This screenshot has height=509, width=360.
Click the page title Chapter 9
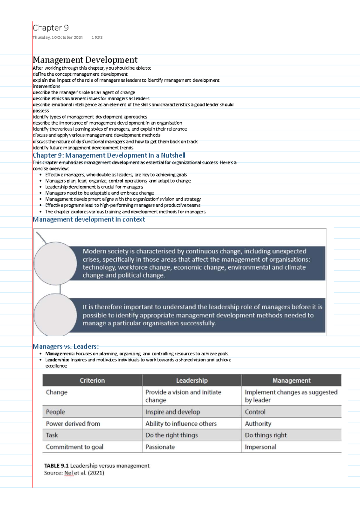pyautogui.click(x=51, y=28)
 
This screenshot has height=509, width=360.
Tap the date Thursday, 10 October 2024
pyautogui.click(x=58, y=38)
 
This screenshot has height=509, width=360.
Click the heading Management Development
pyautogui.click(x=85, y=60)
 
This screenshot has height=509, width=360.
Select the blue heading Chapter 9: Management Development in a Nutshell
pyautogui.click(x=109, y=155)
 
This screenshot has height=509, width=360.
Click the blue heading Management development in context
pyautogui.click(x=89, y=219)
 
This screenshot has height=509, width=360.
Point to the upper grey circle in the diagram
pyautogui.click(x=55, y=263)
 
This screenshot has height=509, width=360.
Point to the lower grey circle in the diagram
pyautogui.click(x=55, y=315)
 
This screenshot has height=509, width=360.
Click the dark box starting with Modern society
pyautogui.click(x=196, y=263)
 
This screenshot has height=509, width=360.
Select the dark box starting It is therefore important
pyautogui.click(x=196, y=315)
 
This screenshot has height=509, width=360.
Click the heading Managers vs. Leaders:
pyautogui.click(x=66, y=346)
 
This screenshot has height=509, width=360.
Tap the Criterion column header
pyautogui.click(x=92, y=381)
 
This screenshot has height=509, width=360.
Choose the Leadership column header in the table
pyautogui.click(x=192, y=381)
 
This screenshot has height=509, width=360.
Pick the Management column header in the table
pyautogui.click(x=291, y=381)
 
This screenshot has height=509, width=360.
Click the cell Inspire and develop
pyautogui.click(x=172, y=412)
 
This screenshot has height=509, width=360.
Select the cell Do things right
pyautogui.click(x=266, y=435)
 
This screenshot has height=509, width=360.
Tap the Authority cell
pyautogui.click(x=258, y=424)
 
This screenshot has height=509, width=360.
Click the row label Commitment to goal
pyautogui.click(x=74, y=447)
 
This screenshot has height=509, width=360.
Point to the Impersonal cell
pyautogui.click(x=260, y=447)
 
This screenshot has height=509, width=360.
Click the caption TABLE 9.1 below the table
pyautogui.click(x=56, y=466)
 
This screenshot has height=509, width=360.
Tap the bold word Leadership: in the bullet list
pyautogui.click(x=57, y=360)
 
